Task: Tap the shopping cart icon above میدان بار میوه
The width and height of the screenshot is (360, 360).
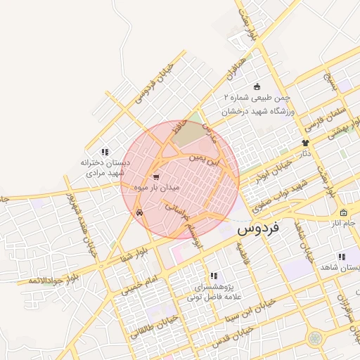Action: [156, 177]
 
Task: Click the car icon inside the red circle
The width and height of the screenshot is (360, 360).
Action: [140, 210]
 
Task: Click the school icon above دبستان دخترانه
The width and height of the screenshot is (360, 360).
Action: [105, 151]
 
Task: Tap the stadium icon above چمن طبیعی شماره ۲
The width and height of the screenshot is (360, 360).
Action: [257, 85]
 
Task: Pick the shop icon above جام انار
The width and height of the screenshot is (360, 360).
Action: [343, 213]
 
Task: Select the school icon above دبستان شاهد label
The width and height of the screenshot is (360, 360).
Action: [342, 257]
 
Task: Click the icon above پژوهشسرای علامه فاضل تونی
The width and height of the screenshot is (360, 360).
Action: [213, 276]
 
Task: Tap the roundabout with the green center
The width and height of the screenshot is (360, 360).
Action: [314, 339]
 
